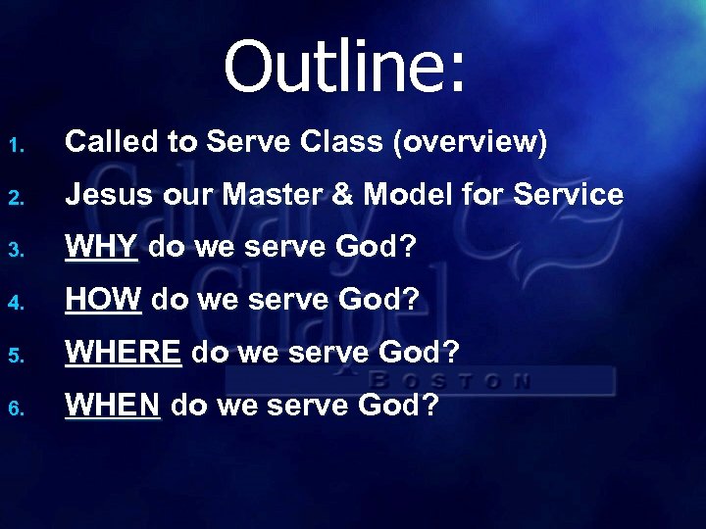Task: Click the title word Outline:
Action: pos(346,67)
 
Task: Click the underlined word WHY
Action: pos(102,247)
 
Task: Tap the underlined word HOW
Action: pos(103,299)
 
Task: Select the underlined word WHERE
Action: pos(124,351)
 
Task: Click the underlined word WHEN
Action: pos(113,403)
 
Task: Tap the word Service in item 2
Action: pos(566,195)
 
